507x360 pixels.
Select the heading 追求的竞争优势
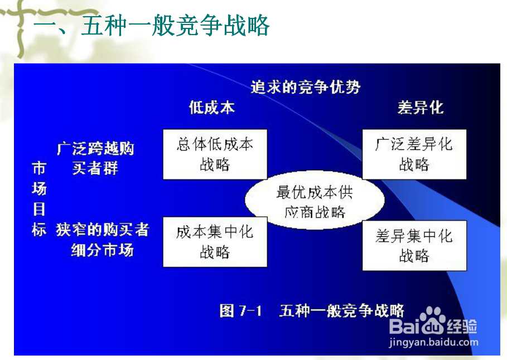pos(305,87)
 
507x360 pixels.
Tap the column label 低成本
pos(212,108)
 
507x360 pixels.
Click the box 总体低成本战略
pos(215,154)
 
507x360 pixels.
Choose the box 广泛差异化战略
pos(414,154)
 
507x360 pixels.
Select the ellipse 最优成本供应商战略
pos(315,202)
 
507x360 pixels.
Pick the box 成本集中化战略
pos(215,242)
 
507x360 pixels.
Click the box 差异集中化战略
pos(414,245)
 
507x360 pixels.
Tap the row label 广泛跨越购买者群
pos(95,158)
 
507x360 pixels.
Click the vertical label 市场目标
pos(38,199)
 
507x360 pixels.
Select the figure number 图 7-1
pos(240,310)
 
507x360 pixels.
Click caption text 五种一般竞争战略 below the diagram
pos(341,310)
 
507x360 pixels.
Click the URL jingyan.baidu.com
pos(433,342)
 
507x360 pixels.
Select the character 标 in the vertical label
pos(38,229)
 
